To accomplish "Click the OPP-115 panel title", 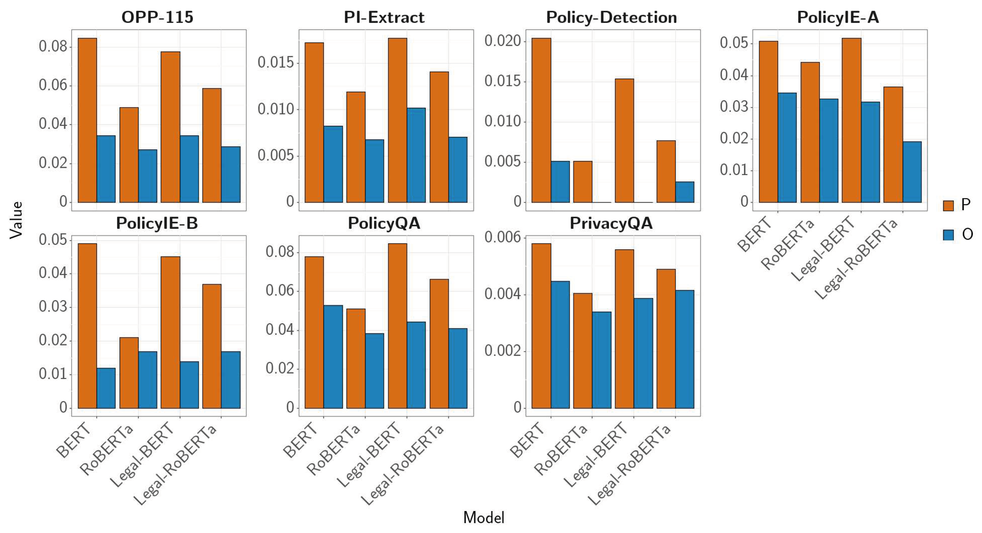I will point(157,17).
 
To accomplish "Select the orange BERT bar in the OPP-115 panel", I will point(87,120).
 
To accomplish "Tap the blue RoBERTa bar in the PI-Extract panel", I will point(374,171).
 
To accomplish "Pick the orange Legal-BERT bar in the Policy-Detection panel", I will point(624,140).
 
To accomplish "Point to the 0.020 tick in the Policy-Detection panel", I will point(502,41).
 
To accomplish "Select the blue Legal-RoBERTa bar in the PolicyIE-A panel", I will point(912,172).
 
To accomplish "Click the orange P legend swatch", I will point(948,206).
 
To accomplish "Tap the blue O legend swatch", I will point(948,234).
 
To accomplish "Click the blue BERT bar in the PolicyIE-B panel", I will point(106,388).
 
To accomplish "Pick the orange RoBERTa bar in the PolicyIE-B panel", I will point(129,373).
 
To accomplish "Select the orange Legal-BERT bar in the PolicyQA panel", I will point(397,326).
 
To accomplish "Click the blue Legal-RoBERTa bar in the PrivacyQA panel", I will point(685,349).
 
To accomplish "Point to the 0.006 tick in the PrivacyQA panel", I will point(502,237).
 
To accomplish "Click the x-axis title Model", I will point(483,518).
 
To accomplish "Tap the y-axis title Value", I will point(16,220).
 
